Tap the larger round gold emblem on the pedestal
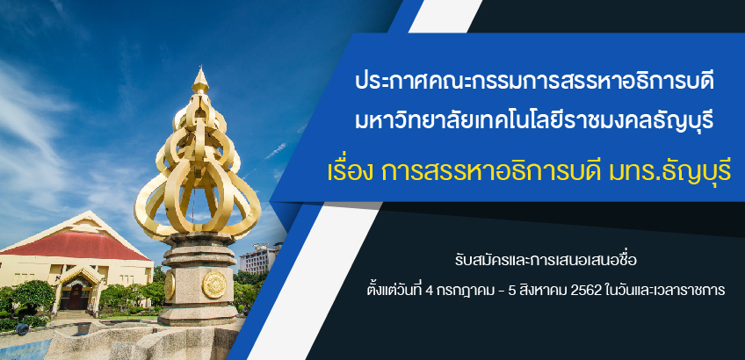click(x=214, y=284)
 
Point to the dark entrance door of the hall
click(x=76, y=298)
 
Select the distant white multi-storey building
click(x=260, y=258)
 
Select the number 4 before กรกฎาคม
click(x=429, y=292)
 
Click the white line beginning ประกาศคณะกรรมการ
click(x=534, y=83)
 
